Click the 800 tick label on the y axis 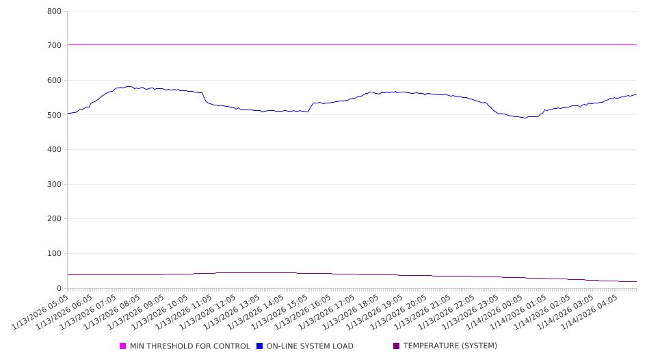click(55, 11)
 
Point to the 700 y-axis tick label click(55, 45)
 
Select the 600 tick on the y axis click(55, 80)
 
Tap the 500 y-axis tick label click(55, 115)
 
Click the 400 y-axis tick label click(55, 149)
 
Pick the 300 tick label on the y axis click(55, 184)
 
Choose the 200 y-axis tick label click(55, 219)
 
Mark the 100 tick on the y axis click(55, 253)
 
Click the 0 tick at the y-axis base click(60, 288)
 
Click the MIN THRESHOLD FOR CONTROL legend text click(189, 346)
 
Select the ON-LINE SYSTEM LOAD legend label click(310, 346)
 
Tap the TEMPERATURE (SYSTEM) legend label click(450, 346)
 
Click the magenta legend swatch click(123, 346)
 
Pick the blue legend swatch click(260, 346)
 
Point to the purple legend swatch click(397, 346)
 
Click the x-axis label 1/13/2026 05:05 click(41, 312)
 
